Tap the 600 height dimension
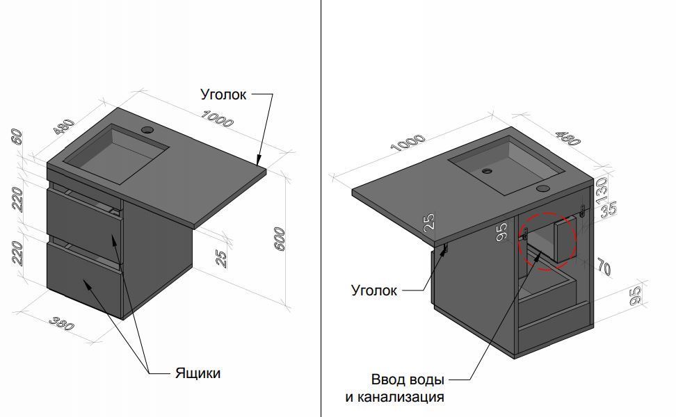280,238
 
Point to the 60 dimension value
17,136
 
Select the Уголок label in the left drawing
223,94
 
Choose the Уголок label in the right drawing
374,291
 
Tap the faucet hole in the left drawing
148,129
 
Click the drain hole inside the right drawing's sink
487,170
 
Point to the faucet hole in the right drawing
542,188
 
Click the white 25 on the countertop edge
430,222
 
